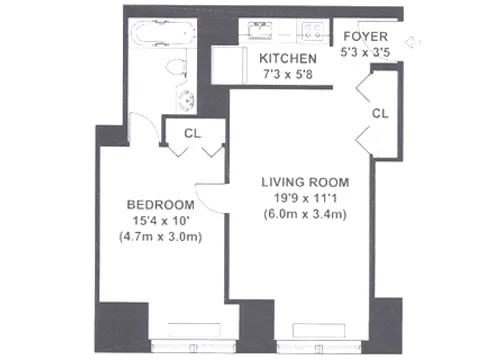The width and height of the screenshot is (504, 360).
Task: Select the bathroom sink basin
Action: click(x=187, y=99)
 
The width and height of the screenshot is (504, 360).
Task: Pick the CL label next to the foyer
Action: click(x=379, y=114)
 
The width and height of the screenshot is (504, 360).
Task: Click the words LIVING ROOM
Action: click(x=304, y=182)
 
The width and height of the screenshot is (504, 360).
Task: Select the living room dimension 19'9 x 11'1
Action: click(x=304, y=198)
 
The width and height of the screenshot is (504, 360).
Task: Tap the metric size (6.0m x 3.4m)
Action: click(x=304, y=215)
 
